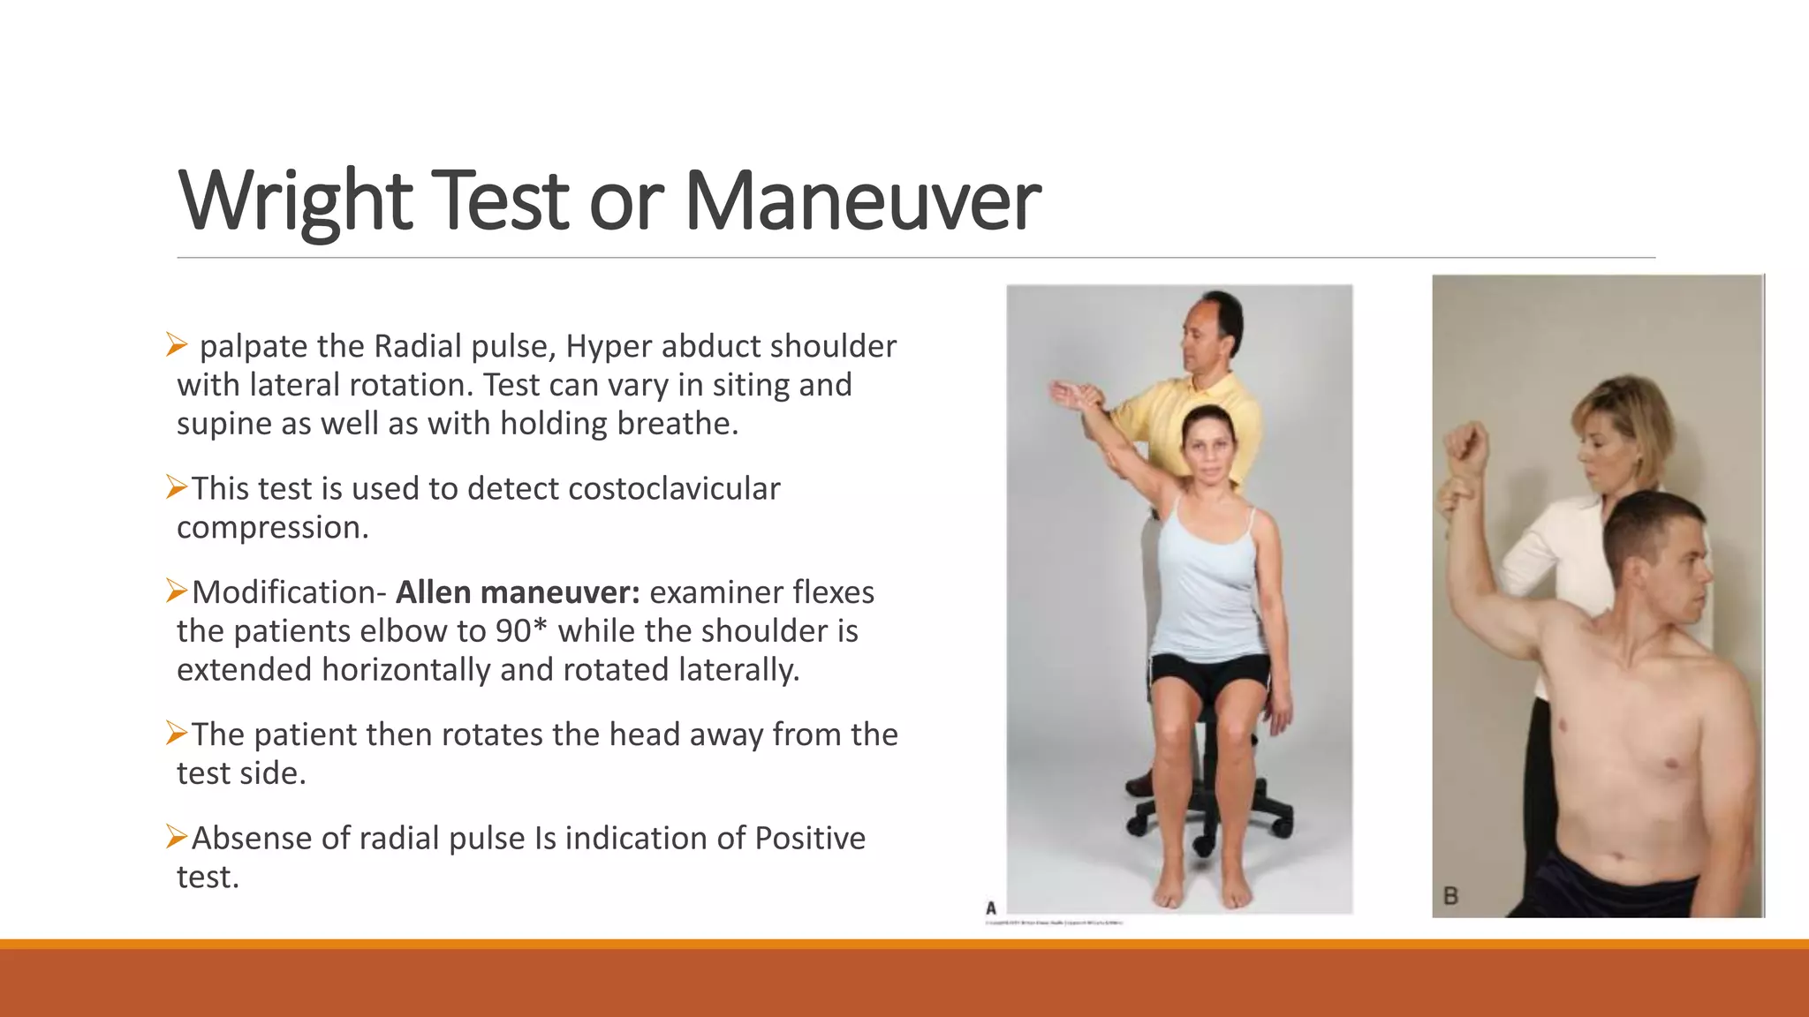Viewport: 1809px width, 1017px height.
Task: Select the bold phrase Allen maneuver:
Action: tap(518, 592)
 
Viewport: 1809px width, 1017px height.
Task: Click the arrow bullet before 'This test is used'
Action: tap(177, 487)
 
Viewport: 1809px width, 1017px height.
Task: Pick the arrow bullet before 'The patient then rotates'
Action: tap(177, 733)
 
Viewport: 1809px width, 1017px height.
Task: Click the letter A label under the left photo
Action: tap(991, 908)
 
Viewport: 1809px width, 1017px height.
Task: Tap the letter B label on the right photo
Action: tap(1450, 896)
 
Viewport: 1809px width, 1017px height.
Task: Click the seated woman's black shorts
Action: tap(1210, 675)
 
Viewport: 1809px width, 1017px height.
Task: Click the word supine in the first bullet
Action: tap(224, 424)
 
